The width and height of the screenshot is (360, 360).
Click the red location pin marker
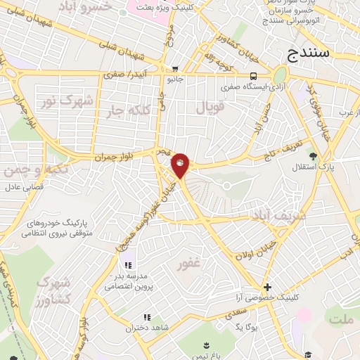[x=181, y=165]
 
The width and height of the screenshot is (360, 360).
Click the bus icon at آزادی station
[x=252, y=77]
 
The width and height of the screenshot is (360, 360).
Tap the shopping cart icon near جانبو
[x=174, y=69]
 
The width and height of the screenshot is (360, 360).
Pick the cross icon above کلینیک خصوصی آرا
[x=266, y=287]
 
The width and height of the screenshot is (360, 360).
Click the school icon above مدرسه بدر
[x=128, y=265]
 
